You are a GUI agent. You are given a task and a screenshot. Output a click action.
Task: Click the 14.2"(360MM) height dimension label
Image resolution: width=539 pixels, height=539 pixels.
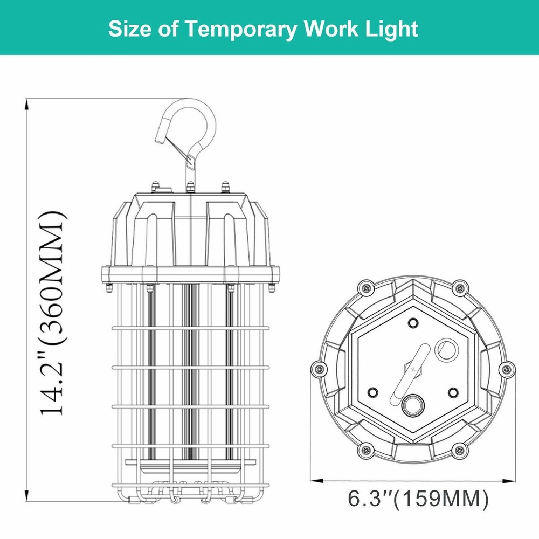tap(54, 313)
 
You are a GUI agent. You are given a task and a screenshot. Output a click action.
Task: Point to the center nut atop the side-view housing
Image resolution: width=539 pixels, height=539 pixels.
tap(190, 187)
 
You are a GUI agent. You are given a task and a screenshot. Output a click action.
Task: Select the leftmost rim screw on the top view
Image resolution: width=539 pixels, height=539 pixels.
tap(317, 369)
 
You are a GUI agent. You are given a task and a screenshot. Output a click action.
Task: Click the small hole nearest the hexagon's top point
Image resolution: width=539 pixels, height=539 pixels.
tap(413, 322)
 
